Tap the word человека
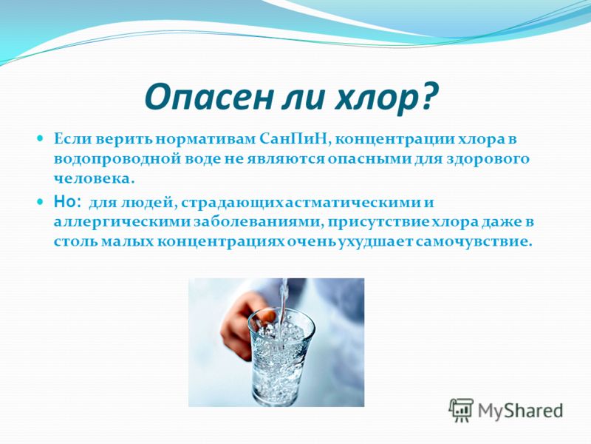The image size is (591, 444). (95, 178)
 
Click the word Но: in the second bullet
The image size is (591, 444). (67, 202)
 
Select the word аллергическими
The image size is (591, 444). (121, 222)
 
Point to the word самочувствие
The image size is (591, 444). (474, 241)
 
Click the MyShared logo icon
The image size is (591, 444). (460, 410)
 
